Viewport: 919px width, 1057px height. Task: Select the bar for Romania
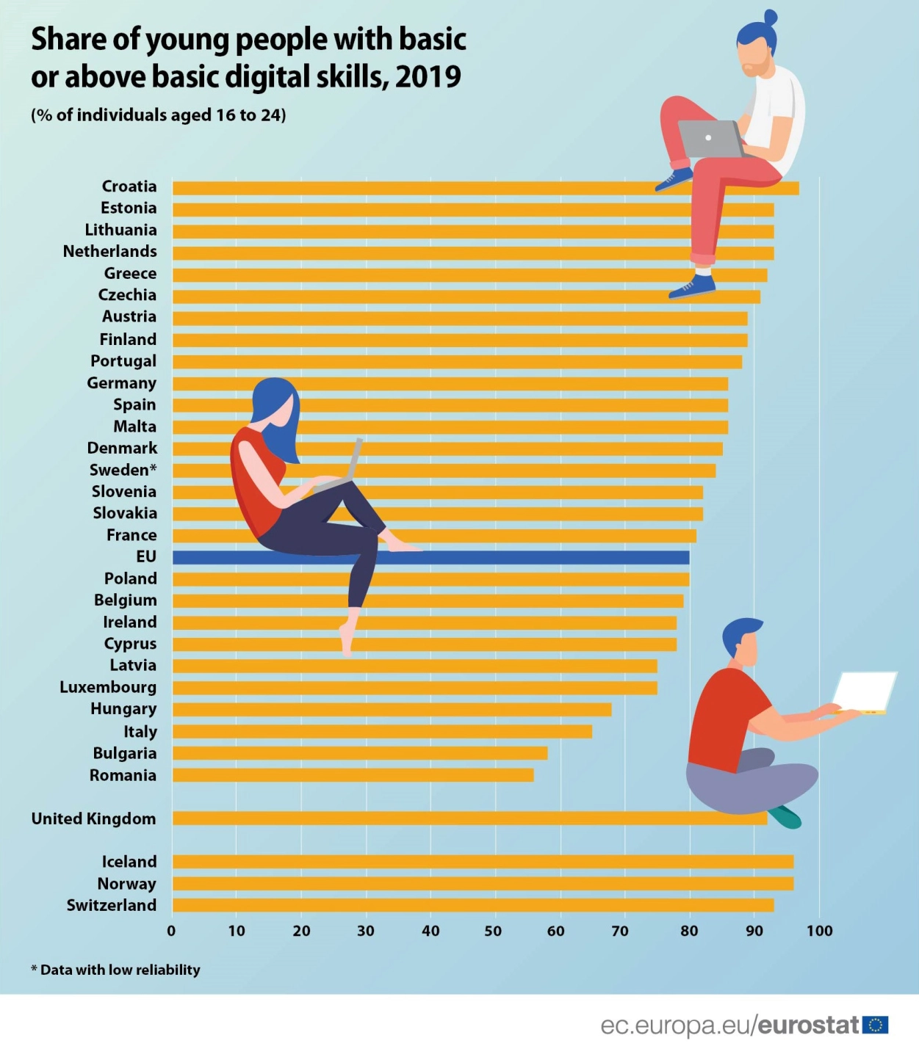pos(353,775)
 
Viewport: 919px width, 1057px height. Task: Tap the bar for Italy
pos(382,732)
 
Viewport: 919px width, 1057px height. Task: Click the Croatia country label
pos(129,186)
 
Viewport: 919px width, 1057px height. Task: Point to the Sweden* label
pos(123,470)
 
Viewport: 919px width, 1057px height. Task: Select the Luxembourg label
pos(108,688)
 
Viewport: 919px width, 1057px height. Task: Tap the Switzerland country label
pos(112,906)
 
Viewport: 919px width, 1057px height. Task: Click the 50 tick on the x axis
pos(493,931)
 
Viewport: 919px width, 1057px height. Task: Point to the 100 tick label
pos(819,931)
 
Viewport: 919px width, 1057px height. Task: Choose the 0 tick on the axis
pos(171,931)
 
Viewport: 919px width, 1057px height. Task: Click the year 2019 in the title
pos(428,77)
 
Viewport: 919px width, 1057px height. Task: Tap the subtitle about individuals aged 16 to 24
pos(159,115)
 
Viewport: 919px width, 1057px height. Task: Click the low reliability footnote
pos(116,970)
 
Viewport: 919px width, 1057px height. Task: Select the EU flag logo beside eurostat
pos(875,1025)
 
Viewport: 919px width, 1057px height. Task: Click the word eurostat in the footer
pos(808,1025)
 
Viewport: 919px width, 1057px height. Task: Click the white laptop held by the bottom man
pos(864,691)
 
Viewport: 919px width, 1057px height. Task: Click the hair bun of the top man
pos(770,17)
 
